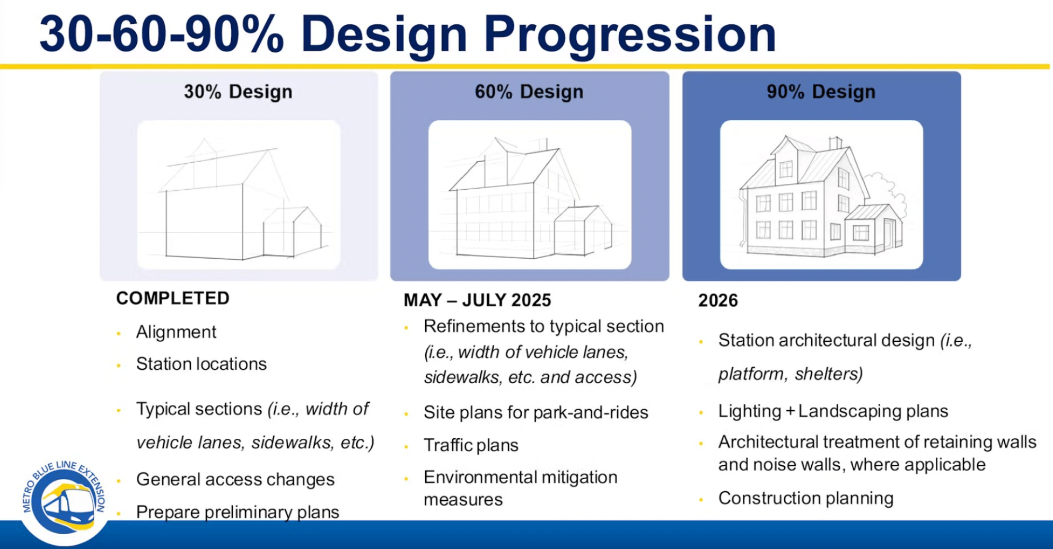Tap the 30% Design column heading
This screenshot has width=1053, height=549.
click(x=238, y=92)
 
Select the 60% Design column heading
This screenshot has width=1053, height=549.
click(x=529, y=92)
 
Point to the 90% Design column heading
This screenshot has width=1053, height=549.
click(x=821, y=92)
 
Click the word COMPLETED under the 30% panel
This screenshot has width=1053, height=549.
click(x=173, y=298)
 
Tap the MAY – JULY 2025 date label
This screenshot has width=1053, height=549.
click(x=477, y=300)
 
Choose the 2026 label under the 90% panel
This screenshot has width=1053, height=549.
click(x=718, y=300)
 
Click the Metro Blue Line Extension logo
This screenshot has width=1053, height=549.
click(x=64, y=498)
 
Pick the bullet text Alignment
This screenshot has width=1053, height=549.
click(x=176, y=332)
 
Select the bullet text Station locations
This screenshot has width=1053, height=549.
click(x=201, y=364)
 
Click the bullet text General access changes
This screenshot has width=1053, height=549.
click(x=235, y=480)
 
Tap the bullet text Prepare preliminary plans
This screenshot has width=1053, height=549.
click(x=238, y=512)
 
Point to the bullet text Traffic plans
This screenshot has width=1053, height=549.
click(x=471, y=445)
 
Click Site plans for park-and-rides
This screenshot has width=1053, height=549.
click(x=536, y=412)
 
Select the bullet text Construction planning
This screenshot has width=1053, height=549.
click(x=806, y=498)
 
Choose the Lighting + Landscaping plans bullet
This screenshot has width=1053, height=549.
click(x=833, y=411)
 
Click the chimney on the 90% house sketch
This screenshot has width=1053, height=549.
click(x=835, y=143)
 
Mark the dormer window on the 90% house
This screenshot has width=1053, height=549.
click(x=786, y=169)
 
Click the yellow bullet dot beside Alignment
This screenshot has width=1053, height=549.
click(x=119, y=333)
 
